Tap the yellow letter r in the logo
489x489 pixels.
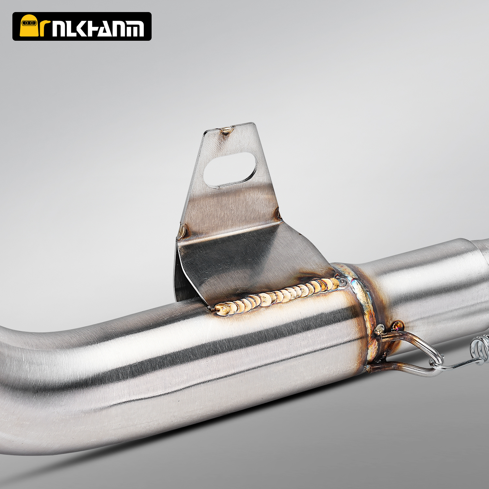45,28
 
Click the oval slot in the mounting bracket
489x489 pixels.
230,170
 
